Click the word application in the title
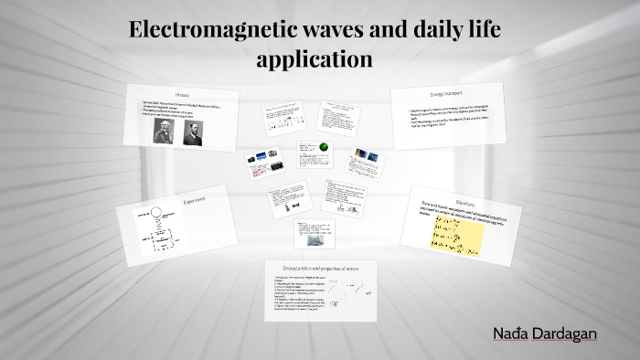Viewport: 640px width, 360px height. tap(315, 59)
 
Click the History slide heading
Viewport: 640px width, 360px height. tap(182, 95)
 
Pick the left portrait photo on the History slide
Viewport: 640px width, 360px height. tap(163, 132)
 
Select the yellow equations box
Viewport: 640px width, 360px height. tap(456, 234)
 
